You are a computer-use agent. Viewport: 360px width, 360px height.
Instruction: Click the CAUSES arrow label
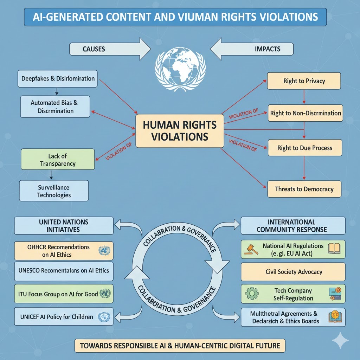[94, 49]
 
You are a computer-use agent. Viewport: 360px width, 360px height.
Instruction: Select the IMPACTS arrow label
[268, 49]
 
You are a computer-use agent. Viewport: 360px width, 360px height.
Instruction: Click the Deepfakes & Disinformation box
[58, 78]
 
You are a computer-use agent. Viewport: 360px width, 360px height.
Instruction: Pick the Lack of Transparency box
[58, 160]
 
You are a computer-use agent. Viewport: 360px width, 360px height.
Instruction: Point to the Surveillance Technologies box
[54, 191]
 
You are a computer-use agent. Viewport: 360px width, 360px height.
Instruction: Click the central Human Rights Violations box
[180, 130]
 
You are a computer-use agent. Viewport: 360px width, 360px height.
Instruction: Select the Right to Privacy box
[304, 81]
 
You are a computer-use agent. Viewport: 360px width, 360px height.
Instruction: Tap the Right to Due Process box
[305, 148]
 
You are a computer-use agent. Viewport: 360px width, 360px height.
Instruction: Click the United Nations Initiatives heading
[63, 226]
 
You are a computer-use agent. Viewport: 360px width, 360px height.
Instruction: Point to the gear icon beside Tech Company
[251, 294]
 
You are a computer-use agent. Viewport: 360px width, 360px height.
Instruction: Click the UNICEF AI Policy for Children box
[64, 317]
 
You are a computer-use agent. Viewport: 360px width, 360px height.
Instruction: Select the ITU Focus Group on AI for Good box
[64, 294]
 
